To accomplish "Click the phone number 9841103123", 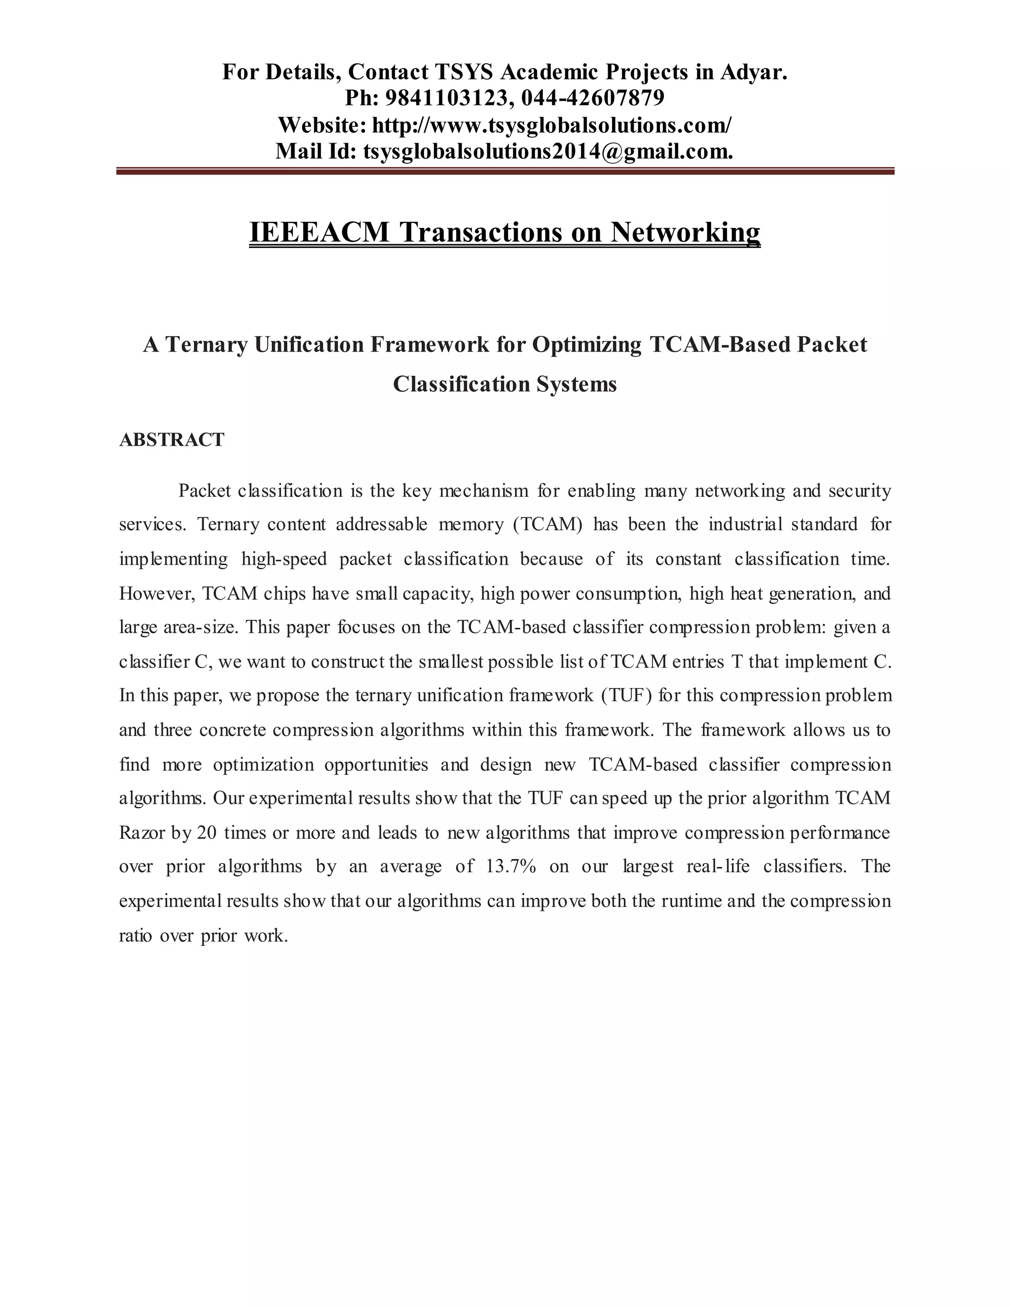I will [446, 98].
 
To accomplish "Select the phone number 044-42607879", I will [592, 98].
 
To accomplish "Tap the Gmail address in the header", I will [547, 151].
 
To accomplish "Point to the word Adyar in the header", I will [754, 72].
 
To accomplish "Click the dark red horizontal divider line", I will [505, 172].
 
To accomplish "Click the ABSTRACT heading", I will [172, 440].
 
